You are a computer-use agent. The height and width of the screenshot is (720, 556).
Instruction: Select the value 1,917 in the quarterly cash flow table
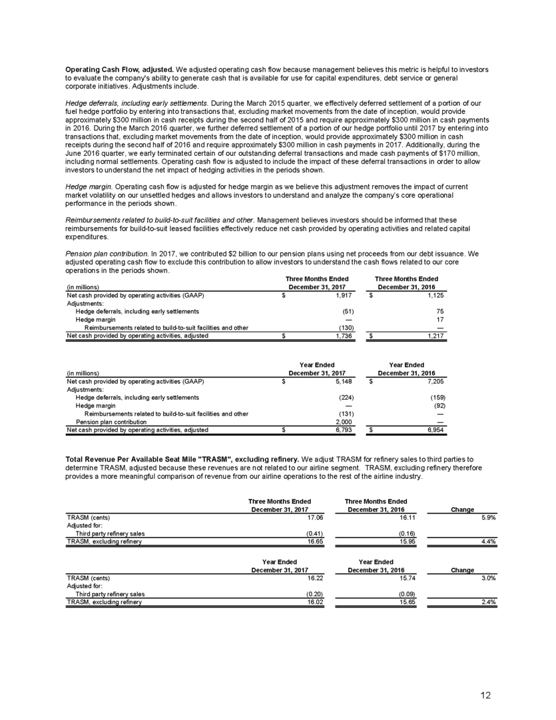[345, 294]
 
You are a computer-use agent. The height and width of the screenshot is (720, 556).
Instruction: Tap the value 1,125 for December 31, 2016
[433, 294]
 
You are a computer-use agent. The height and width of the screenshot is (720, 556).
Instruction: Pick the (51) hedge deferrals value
[348, 311]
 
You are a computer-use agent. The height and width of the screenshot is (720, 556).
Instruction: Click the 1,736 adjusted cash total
[345, 337]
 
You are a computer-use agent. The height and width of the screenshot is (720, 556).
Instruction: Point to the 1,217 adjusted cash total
[433, 337]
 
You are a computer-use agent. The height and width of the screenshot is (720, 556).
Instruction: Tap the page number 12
[487, 695]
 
